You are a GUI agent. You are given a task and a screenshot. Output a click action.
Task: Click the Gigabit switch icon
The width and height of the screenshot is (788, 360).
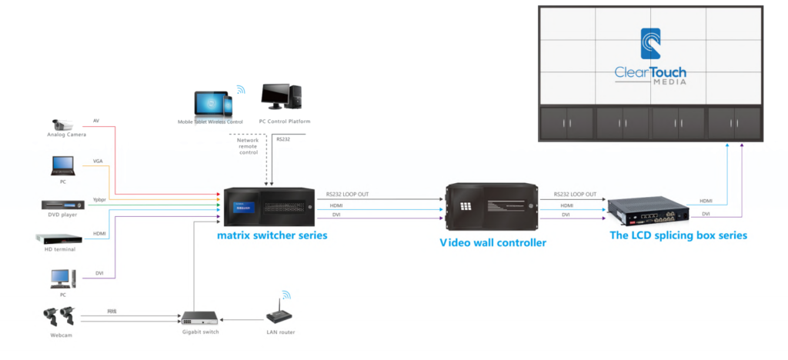point(199,317)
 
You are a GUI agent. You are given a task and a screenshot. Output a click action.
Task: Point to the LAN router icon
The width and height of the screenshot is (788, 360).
point(281,315)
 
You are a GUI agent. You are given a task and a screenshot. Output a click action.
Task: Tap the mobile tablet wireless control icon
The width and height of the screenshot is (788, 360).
point(212,102)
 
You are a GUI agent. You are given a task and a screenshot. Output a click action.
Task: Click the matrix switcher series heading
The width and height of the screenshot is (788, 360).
point(272,235)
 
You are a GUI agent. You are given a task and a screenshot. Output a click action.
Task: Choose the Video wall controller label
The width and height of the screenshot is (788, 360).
point(492,242)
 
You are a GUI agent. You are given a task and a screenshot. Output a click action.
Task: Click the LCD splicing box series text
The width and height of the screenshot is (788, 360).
point(677,235)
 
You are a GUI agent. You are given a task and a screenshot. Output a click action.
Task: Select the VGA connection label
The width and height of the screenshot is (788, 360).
point(98,162)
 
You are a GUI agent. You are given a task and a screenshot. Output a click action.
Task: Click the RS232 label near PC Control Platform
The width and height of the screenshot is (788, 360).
point(282,139)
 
